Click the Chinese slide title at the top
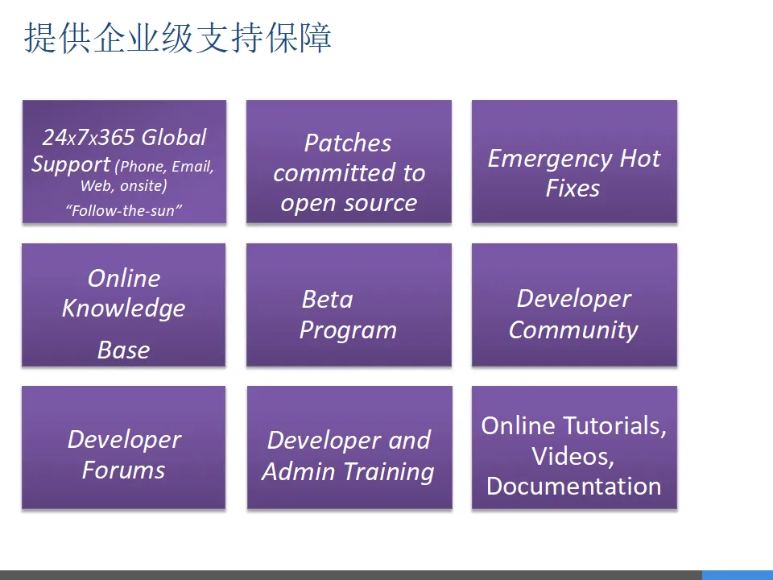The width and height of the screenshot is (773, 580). tap(177, 38)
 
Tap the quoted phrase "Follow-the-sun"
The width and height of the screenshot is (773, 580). tap(124, 210)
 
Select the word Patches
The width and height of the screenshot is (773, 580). tap(348, 143)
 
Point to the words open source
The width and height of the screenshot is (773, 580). tap(349, 203)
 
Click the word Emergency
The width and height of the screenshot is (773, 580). tap(550, 159)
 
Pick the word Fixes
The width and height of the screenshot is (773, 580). tap(573, 188)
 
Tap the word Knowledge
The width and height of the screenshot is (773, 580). tap(124, 309)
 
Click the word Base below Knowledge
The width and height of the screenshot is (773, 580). tap(124, 350)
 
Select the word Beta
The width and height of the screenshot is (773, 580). tap(328, 300)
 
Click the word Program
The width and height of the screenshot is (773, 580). tap(348, 330)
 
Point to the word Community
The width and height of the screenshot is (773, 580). tap(574, 330)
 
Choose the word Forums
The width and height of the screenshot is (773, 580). tap(124, 470)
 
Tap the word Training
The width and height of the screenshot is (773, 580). tap(389, 472)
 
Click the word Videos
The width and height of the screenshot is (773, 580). tap(573, 456)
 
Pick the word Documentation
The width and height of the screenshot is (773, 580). tap(574, 487)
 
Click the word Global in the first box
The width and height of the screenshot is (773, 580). tap(174, 137)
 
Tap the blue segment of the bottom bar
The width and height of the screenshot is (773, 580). tap(738, 575)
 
